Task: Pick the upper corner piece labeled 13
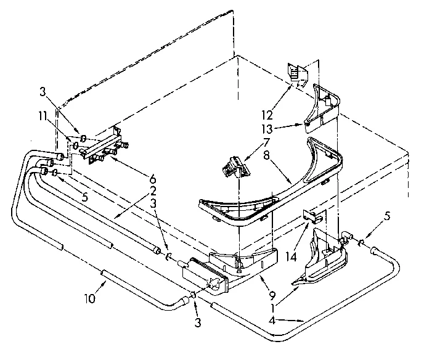point(323,105)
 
